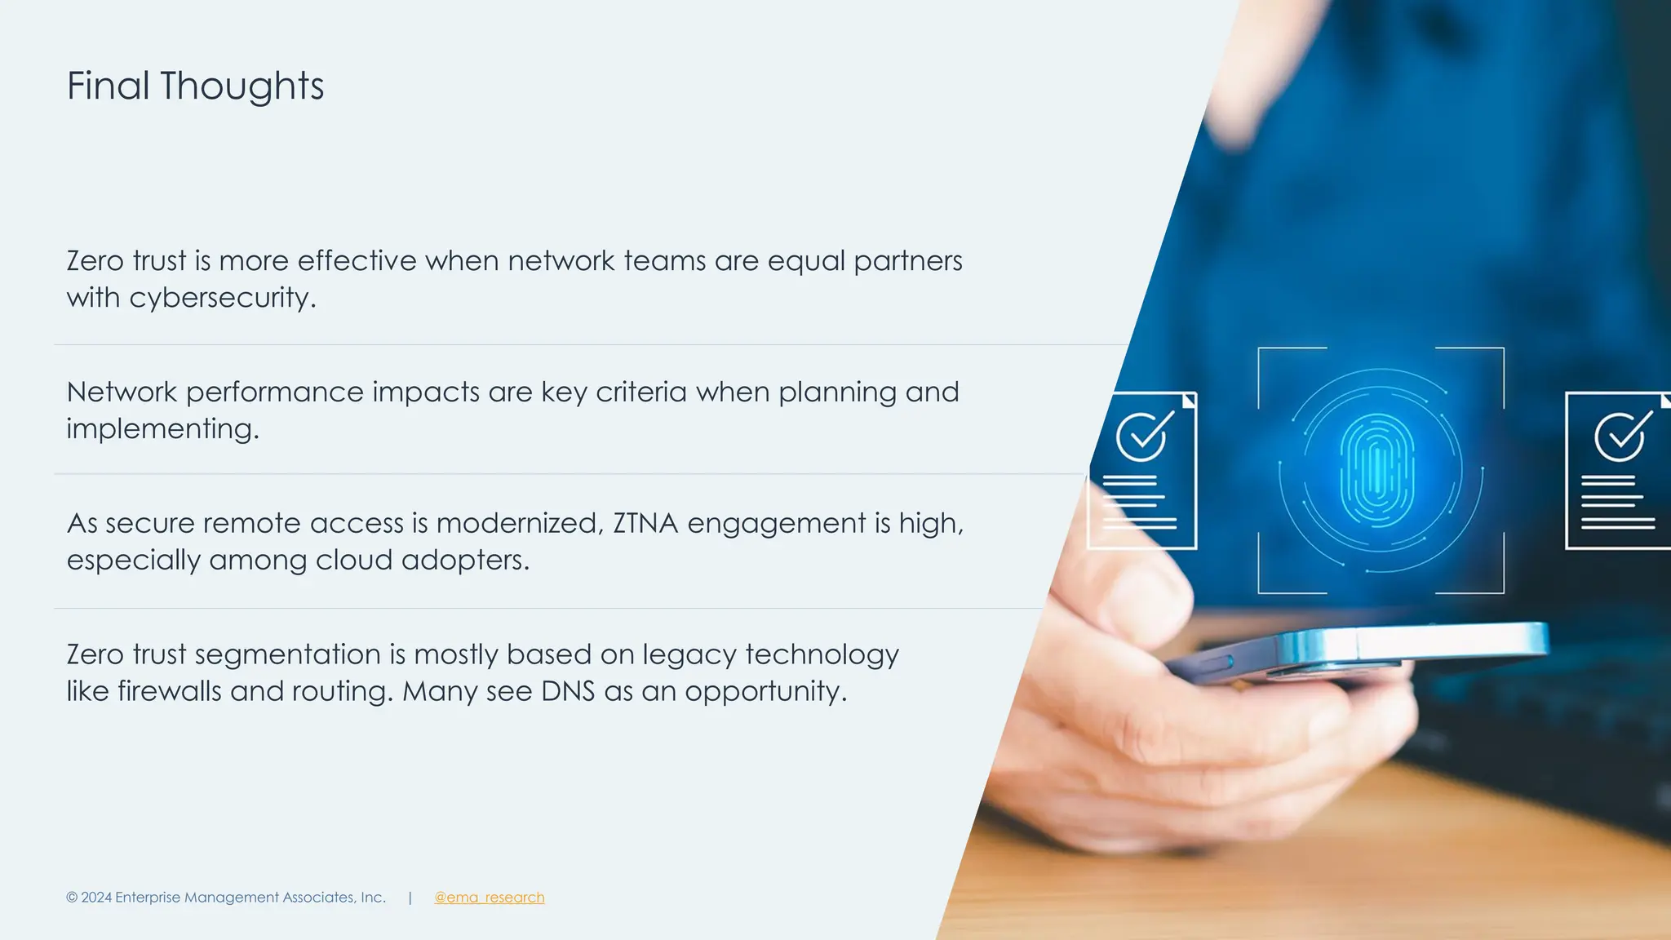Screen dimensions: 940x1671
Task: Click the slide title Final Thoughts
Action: click(195, 86)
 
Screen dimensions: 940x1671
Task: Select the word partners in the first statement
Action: click(907, 261)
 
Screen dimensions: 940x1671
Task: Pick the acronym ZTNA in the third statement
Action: click(645, 523)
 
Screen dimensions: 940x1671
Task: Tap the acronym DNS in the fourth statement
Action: click(568, 691)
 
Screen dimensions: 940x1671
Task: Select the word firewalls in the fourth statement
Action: click(169, 691)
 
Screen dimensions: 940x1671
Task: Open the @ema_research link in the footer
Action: click(489, 898)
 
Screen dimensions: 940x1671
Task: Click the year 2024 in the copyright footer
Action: click(96, 898)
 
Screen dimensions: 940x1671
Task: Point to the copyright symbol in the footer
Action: click(72, 898)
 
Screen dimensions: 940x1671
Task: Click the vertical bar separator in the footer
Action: click(410, 898)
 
